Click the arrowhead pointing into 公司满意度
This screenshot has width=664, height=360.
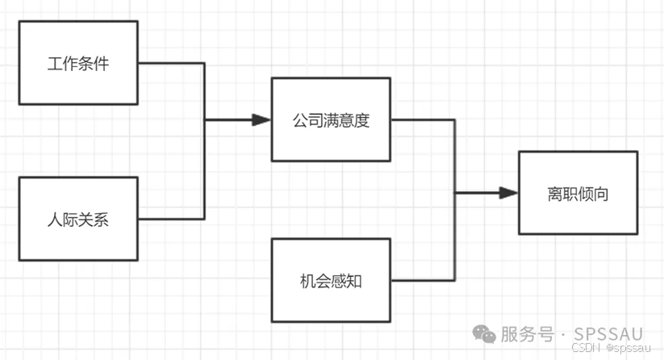[261, 120]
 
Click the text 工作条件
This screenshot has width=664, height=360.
[78, 64]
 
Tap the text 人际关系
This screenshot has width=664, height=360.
[78, 220]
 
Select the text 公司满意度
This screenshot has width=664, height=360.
[331, 120]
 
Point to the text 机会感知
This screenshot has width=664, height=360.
[331, 281]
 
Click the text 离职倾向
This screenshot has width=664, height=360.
[578, 194]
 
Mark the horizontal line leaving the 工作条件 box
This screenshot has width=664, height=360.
[171, 63]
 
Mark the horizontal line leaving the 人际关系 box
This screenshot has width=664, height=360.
[171, 219]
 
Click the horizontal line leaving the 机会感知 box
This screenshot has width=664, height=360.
[423, 280]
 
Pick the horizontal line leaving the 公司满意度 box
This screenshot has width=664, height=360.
[423, 120]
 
